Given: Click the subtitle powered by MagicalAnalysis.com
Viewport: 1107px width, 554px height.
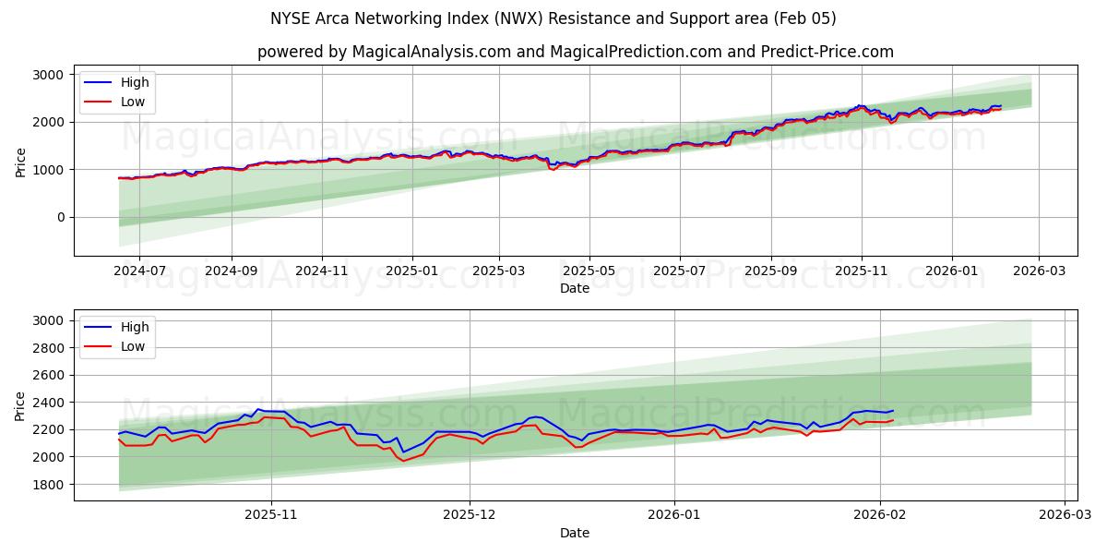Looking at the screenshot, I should click(575, 52).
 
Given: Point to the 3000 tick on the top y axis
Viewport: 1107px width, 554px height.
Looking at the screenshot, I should click(48, 75).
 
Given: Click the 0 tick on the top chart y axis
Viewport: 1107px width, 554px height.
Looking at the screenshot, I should click(60, 218).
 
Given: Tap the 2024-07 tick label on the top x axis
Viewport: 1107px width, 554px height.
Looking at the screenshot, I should click(139, 271).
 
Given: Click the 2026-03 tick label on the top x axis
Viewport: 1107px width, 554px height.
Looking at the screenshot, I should click(1039, 271).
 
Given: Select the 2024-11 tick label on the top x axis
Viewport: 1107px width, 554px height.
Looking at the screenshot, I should click(321, 271).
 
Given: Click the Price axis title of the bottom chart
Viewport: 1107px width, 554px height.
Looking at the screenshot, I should click(20, 405).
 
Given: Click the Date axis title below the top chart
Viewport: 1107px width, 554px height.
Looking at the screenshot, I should click(575, 288).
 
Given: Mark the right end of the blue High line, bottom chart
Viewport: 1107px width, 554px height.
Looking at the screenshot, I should click(893, 411).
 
